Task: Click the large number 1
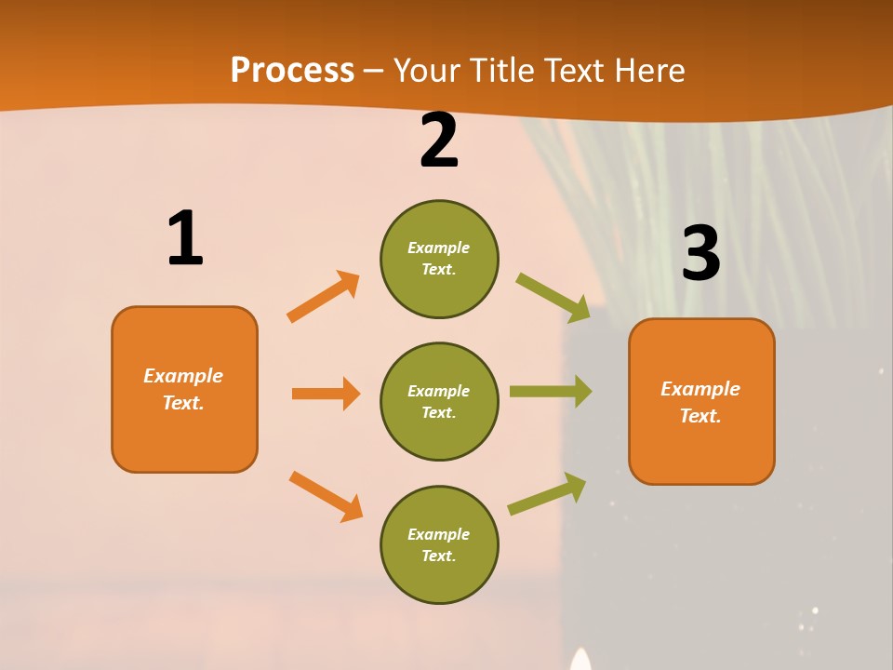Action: [x=185, y=238]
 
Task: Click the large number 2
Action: [x=439, y=141]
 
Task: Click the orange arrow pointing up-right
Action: [x=324, y=297]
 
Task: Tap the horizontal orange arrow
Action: [x=326, y=394]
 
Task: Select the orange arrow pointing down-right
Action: [x=326, y=496]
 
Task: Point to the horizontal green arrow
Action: [x=551, y=392]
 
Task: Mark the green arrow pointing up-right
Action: [x=548, y=493]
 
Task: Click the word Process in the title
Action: [x=292, y=70]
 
